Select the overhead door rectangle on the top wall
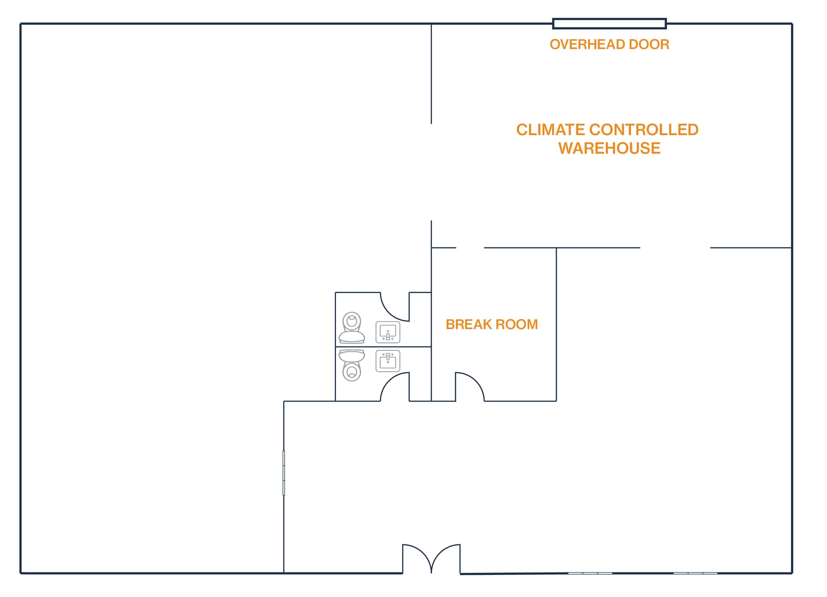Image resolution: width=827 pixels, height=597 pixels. [609, 24]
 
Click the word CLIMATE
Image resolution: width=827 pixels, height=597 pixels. [550, 130]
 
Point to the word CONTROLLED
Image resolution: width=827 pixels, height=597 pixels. [644, 130]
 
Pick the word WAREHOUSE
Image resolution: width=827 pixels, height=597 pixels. [609, 149]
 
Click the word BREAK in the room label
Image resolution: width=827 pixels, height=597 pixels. [468, 324]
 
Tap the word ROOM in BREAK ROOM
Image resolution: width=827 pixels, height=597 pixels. [517, 324]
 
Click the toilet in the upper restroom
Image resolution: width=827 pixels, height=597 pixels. [352, 328]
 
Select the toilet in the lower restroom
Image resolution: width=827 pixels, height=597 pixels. [352, 365]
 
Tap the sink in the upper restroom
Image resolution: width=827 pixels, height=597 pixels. [388, 332]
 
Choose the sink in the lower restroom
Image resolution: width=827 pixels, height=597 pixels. [388, 361]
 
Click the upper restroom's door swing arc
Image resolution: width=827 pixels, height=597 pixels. [389, 312]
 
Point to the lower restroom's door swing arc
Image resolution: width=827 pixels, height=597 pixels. [389, 381]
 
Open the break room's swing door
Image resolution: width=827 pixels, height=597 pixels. [475, 381]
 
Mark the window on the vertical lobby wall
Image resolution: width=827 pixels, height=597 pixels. [284, 473]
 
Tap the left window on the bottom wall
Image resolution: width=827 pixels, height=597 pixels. [590, 573]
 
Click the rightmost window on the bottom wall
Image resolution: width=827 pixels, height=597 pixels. [695, 573]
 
